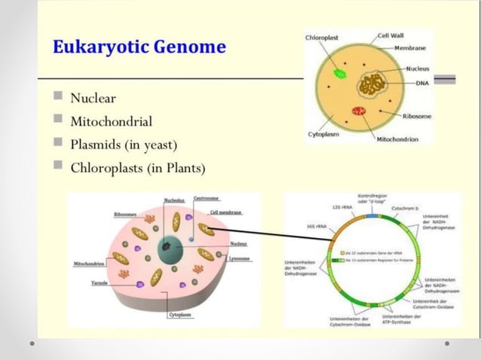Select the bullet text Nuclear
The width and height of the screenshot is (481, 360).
pyautogui.click(x=93, y=98)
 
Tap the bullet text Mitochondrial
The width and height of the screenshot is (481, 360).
pyautogui.click(x=111, y=121)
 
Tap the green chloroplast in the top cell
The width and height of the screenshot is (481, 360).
pyautogui.click(x=340, y=75)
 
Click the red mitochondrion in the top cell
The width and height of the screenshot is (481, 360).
pyautogui.click(x=359, y=111)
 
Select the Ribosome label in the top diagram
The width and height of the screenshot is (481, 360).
pyautogui.click(x=416, y=116)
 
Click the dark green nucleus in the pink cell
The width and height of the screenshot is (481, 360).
pyautogui.click(x=168, y=250)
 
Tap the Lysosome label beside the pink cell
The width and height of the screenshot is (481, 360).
pyautogui.click(x=240, y=259)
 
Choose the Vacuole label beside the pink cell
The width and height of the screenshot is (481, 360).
pyautogui.click(x=100, y=284)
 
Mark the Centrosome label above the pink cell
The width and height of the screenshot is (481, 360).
pyautogui.click(x=206, y=199)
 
